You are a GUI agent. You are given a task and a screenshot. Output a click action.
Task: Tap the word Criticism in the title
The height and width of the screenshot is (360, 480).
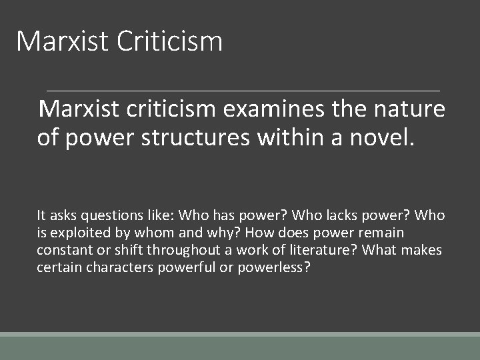169,41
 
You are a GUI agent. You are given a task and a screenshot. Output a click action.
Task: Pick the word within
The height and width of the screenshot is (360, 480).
312,138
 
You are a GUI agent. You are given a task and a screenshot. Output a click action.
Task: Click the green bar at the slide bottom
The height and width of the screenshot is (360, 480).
240,347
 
